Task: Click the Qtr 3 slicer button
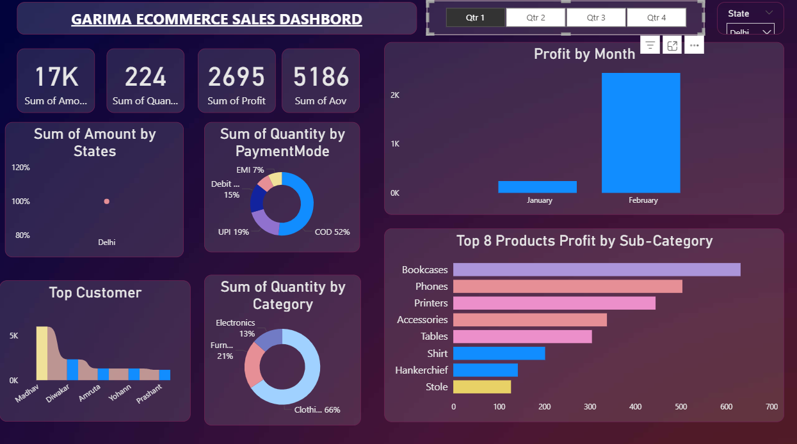[596, 18]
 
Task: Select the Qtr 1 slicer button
[475, 18]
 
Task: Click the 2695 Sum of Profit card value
[236, 77]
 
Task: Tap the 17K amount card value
[56, 77]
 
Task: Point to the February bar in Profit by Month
[641, 132]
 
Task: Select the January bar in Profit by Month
[537, 187]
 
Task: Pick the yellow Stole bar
[482, 387]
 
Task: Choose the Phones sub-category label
[431, 287]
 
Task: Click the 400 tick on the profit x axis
[635, 406]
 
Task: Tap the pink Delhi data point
[107, 202]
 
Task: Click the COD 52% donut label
[332, 232]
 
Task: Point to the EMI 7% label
[250, 170]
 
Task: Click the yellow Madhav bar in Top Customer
[42, 353]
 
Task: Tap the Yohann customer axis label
[120, 392]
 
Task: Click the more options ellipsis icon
[694, 45]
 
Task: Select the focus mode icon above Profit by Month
[672, 45]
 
